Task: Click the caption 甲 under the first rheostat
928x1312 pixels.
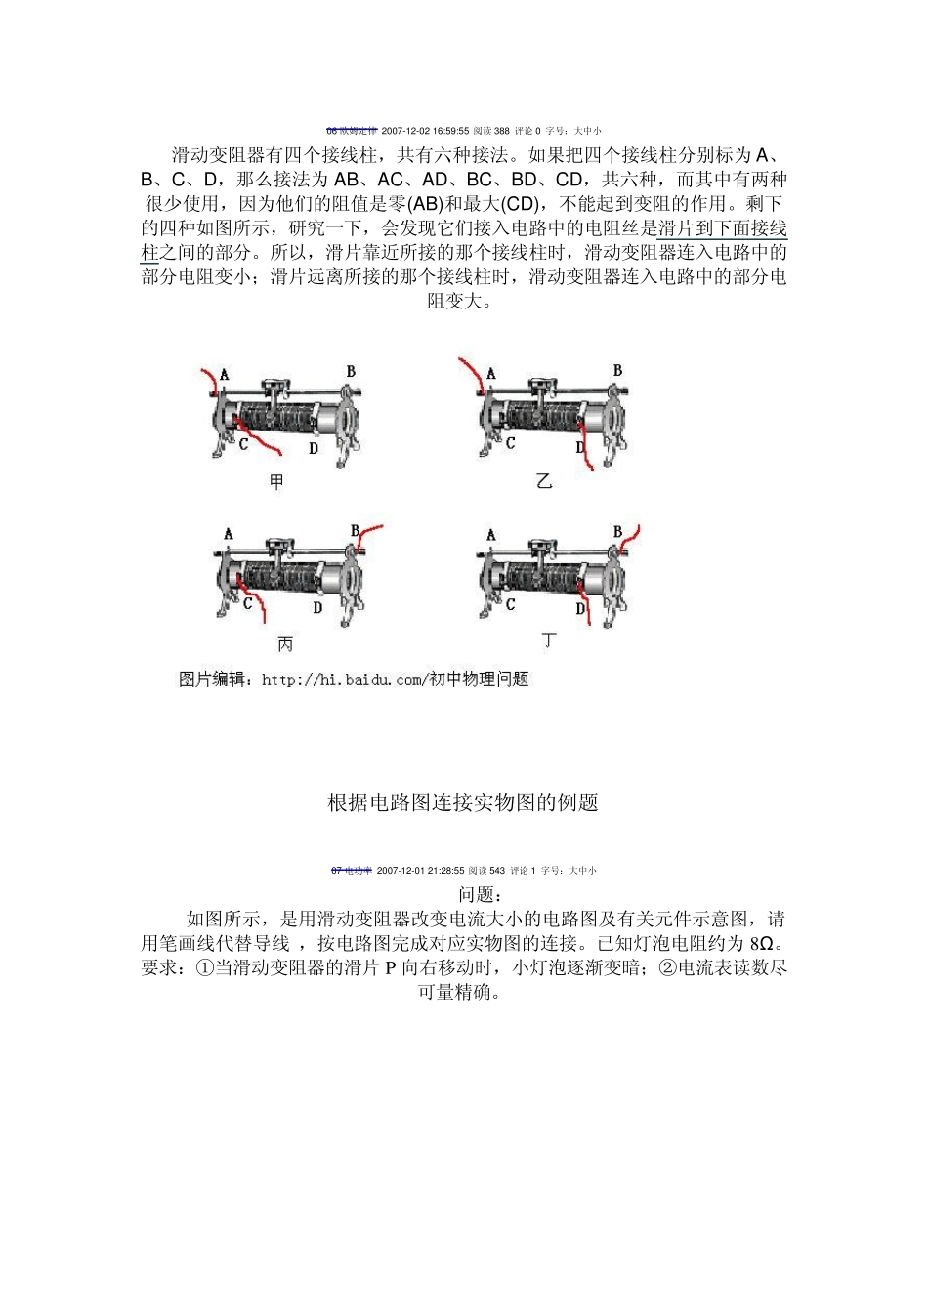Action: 276,481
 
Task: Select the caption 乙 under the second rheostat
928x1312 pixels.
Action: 544,480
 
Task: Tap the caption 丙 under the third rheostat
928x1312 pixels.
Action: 284,644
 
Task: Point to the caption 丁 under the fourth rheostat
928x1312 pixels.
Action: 549,640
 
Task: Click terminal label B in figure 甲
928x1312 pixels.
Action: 351,371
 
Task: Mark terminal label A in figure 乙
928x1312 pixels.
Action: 490,373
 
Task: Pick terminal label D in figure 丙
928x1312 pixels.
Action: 317,607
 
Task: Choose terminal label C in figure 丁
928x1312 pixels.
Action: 510,605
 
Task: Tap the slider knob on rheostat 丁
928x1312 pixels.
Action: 538,548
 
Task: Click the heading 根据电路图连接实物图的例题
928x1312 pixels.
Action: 462,802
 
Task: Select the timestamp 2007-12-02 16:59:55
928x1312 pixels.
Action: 425,131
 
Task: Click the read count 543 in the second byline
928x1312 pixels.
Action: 497,871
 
